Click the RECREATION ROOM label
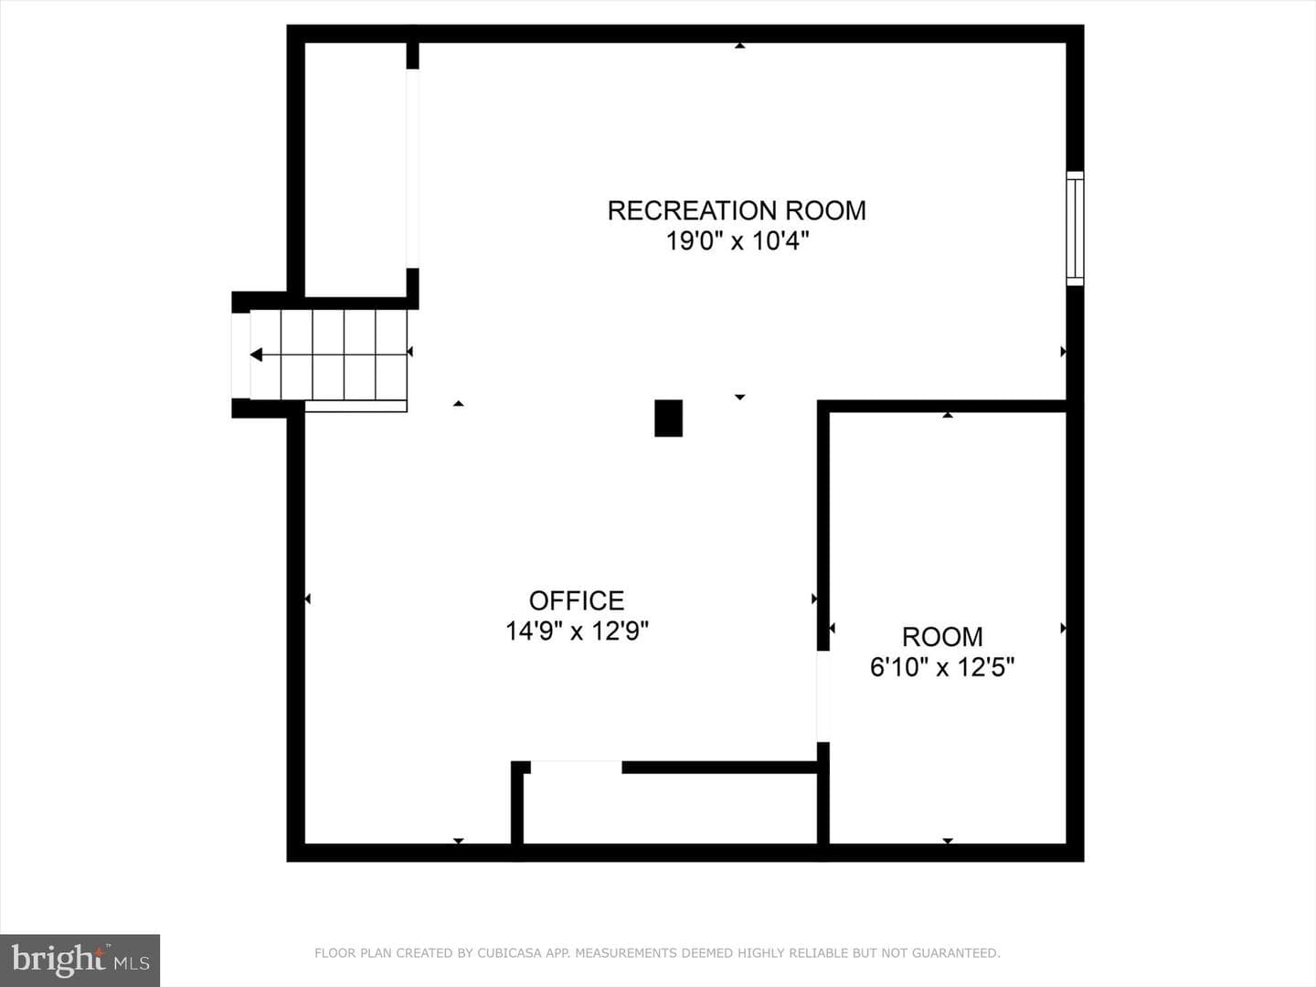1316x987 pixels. click(x=737, y=210)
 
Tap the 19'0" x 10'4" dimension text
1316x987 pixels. click(x=738, y=241)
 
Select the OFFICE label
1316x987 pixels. click(x=577, y=600)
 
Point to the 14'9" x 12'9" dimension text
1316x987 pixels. click(x=577, y=631)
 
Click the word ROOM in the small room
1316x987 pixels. click(x=942, y=637)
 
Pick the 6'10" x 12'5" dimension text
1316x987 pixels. click(x=942, y=667)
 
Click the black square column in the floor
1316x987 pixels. click(x=668, y=419)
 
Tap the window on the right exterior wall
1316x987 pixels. click(x=1075, y=228)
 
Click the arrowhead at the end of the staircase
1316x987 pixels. click(x=256, y=355)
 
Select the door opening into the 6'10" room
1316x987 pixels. click(x=823, y=696)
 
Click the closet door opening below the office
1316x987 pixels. click(x=576, y=767)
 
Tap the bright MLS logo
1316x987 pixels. click(x=80, y=960)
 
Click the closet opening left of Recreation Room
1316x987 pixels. click(x=412, y=168)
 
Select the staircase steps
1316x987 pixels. click(x=329, y=355)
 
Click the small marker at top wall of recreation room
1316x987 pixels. click(x=740, y=46)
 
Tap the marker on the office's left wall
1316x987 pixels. click(x=308, y=599)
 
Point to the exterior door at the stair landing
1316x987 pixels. click(x=240, y=356)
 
